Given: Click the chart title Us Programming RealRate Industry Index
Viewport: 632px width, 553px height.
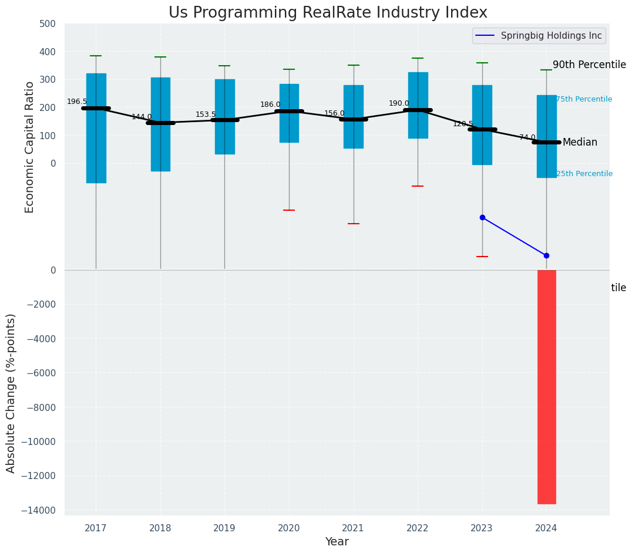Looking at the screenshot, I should (328, 13).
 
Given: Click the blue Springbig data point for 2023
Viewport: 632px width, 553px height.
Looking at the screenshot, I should (482, 217).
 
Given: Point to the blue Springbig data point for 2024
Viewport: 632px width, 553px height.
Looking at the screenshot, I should (546, 255).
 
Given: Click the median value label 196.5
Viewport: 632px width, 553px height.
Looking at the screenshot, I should (77, 102).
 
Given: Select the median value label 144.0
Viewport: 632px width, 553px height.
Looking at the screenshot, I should (142, 117).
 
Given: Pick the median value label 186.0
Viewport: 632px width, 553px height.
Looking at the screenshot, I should (270, 104).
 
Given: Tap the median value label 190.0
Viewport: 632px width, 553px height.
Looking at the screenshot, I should (399, 103).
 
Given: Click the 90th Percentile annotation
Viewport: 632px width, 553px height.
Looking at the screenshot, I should (589, 65).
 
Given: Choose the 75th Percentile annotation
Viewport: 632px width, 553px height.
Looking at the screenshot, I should (584, 99).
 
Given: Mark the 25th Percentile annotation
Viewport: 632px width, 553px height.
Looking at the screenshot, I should (584, 174).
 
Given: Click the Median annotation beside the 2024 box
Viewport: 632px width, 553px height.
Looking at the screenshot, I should (580, 143).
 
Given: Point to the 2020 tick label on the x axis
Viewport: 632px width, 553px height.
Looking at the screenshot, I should (288, 528).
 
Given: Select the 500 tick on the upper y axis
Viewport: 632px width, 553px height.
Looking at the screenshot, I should (48, 24).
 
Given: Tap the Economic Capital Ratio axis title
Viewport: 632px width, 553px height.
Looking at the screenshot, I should (30, 147).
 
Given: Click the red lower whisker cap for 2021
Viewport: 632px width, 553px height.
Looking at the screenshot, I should (353, 224).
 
